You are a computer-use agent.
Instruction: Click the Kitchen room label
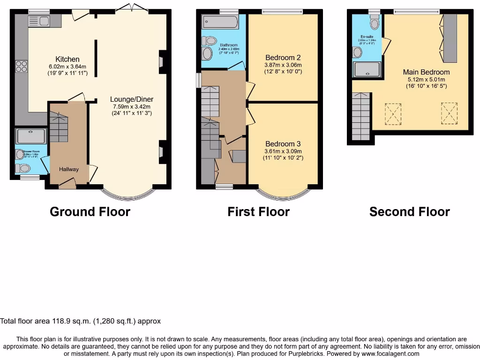pos(67,59)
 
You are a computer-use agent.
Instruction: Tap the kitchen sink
pos(39,21)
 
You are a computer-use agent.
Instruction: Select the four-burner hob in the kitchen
pos(21,67)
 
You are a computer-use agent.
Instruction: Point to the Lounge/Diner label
pos(132,99)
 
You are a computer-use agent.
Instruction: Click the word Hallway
pos(69,169)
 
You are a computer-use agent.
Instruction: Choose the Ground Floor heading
pos(90,212)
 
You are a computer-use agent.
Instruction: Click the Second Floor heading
pos(409,212)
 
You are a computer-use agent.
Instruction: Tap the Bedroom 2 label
pos(283,58)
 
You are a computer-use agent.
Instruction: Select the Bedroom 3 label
pos(283,144)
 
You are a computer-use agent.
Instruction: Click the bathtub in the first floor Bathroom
pos(220,22)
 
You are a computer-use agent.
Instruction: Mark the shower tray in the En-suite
pos(367,70)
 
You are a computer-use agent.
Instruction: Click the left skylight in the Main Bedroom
pos(393,114)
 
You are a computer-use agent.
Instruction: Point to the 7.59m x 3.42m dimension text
pos(132,106)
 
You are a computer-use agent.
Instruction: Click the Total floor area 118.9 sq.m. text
pos(80,321)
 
